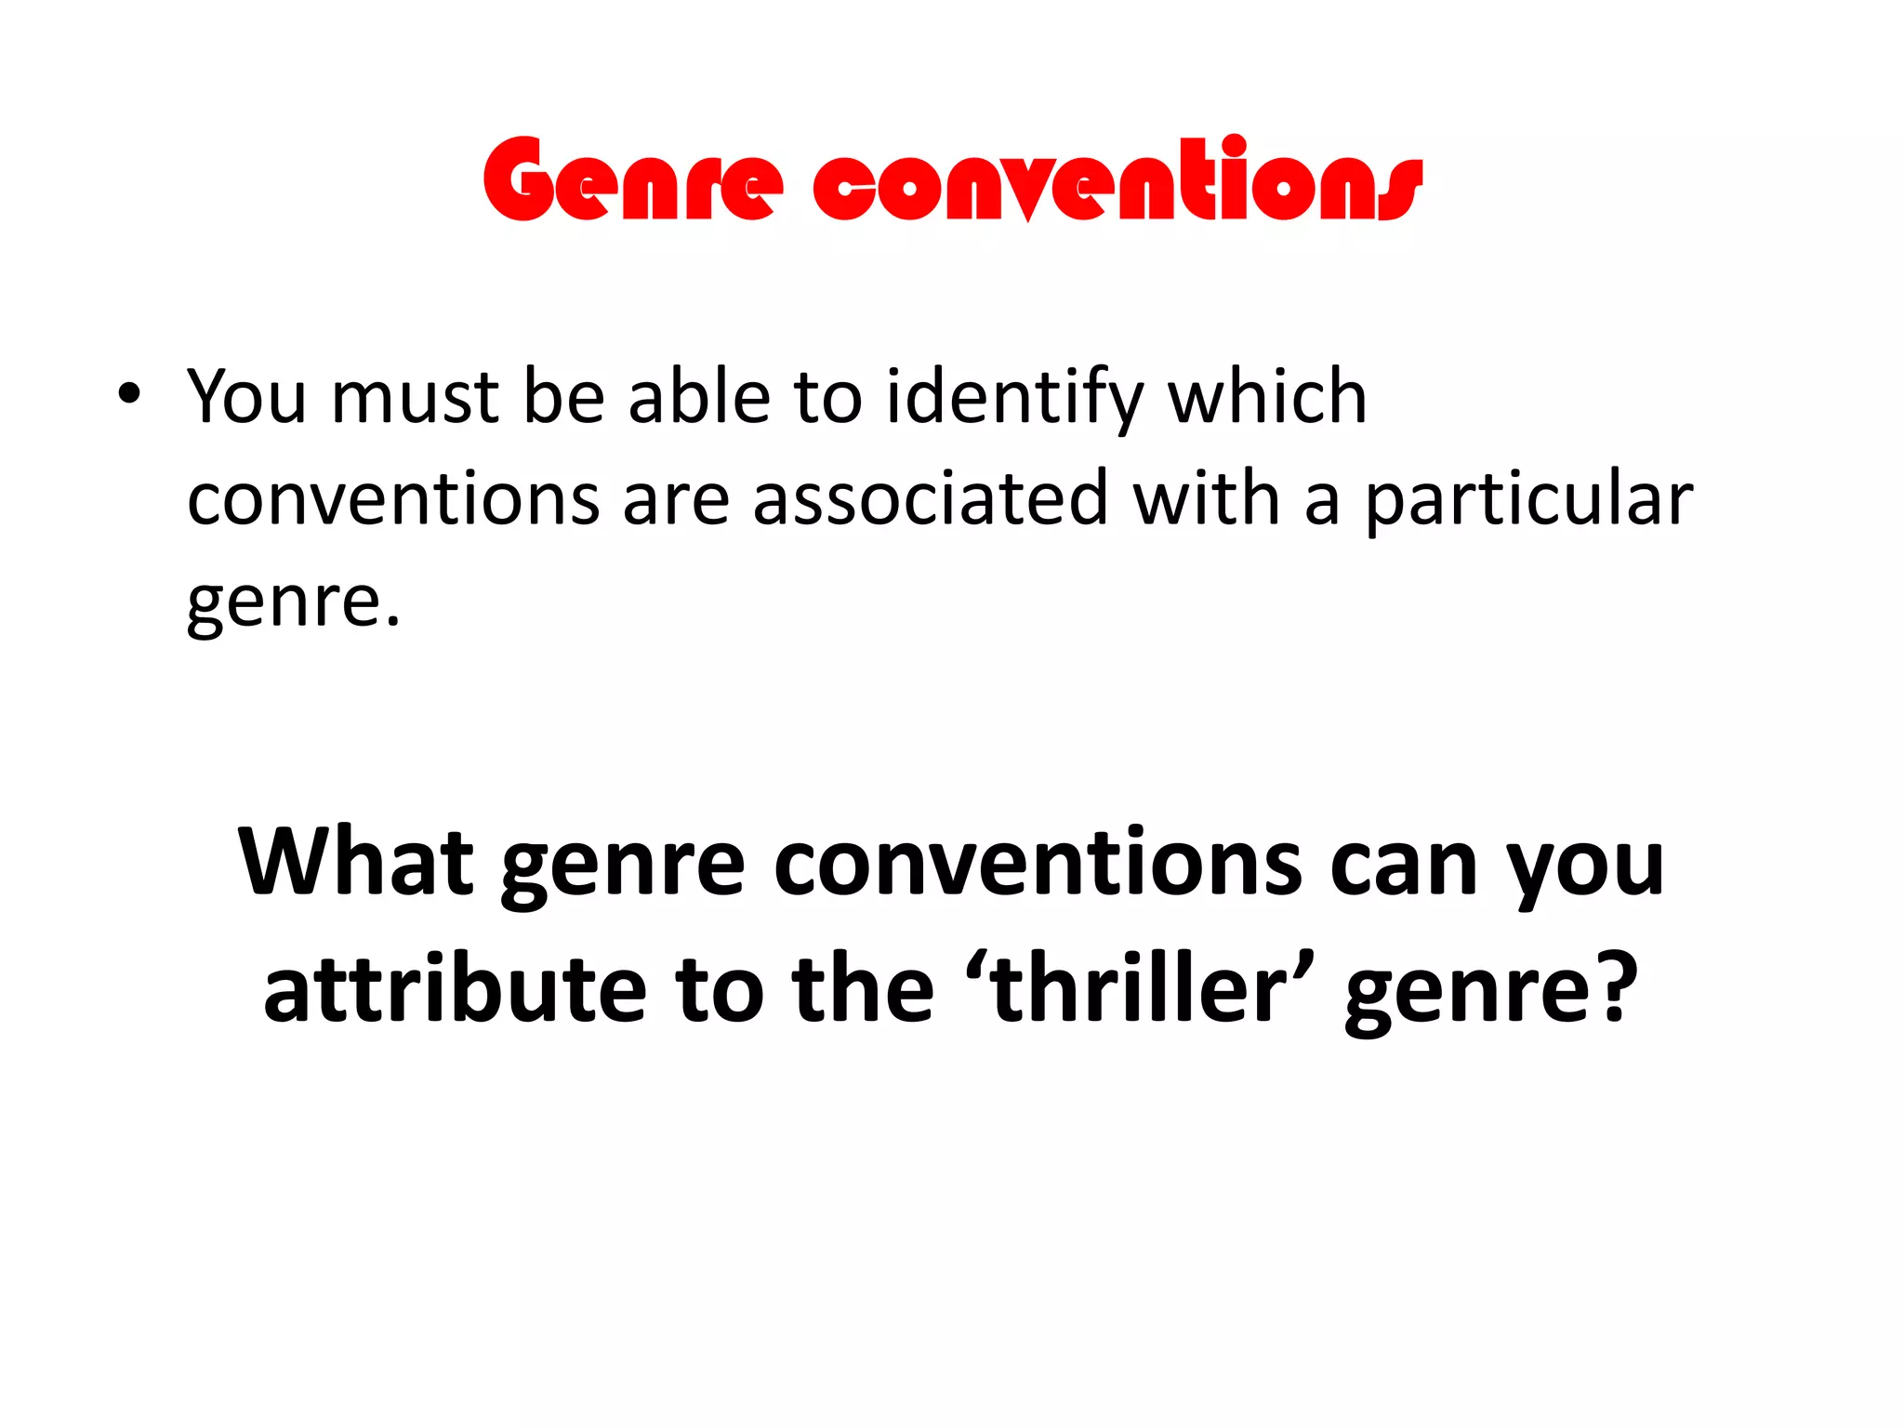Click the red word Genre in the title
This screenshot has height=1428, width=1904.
pos(632,181)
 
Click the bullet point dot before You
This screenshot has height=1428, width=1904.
pos(129,394)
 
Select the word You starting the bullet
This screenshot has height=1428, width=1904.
pos(246,398)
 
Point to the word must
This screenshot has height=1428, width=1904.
pos(416,398)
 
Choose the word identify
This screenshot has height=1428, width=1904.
pos(1014,400)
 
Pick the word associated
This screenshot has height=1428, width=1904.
pos(931,500)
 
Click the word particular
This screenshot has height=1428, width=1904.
pos(1528,502)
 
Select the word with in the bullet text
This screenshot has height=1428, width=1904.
pos(1207,500)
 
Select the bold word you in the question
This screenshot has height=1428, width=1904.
pos(1586,869)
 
